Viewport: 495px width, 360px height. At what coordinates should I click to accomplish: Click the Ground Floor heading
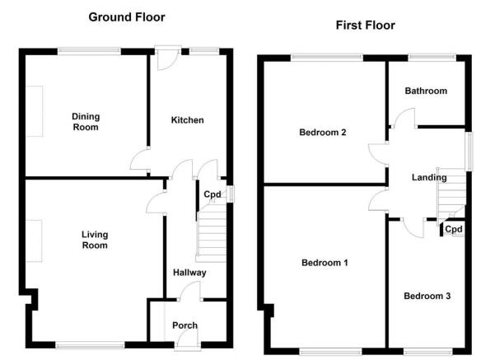(x=127, y=17)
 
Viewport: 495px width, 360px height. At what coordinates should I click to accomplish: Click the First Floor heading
(x=365, y=26)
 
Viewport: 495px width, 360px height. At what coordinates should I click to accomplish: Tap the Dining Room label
(x=86, y=122)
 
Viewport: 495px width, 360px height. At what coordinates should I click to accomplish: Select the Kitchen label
(x=187, y=120)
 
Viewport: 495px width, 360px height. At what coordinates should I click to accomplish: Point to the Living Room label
(x=95, y=240)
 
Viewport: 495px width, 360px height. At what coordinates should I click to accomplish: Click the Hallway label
(x=189, y=273)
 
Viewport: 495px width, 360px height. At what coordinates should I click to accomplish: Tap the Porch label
(x=184, y=325)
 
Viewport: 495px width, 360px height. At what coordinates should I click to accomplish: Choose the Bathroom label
(x=426, y=91)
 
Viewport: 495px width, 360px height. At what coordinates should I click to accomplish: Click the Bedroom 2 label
(x=323, y=132)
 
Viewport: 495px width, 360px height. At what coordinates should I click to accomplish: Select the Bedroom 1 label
(x=325, y=263)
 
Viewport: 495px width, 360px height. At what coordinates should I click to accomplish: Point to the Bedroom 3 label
(x=427, y=296)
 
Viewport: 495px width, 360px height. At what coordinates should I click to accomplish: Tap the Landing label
(x=429, y=177)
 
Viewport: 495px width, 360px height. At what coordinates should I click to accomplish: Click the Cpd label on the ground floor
(x=212, y=194)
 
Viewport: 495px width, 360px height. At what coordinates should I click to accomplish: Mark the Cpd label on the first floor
(x=454, y=229)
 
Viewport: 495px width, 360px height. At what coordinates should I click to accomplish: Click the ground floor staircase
(x=211, y=233)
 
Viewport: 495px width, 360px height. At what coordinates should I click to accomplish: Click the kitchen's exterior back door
(x=168, y=58)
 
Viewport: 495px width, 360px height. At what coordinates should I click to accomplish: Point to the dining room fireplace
(x=34, y=111)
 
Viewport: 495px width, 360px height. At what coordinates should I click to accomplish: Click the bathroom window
(x=432, y=58)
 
